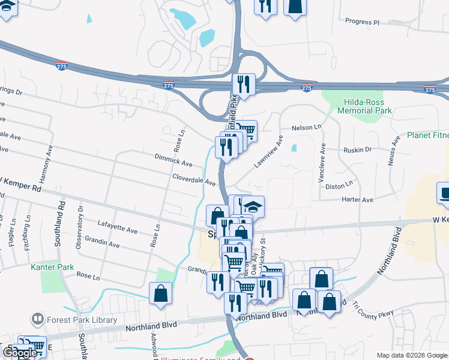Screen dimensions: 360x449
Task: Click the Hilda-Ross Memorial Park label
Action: point(364,106)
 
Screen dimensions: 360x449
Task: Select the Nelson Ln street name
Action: point(307,128)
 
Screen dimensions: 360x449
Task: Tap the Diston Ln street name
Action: point(339,187)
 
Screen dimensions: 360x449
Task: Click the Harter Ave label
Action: point(357,199)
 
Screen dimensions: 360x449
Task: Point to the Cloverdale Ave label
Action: point(193,179)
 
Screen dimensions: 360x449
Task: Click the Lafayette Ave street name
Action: point(118,231)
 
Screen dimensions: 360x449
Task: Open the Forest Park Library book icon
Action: point(37,319)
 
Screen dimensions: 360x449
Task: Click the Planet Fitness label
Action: point(427,136)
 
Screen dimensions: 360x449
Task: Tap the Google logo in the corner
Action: point(20,352)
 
